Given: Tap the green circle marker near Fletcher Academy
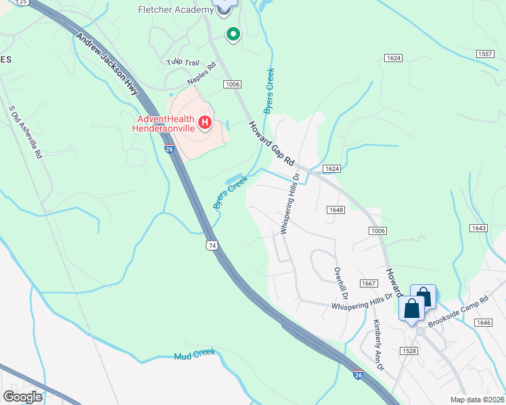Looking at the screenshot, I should point(233,34).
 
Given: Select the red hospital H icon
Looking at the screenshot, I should point(205,123).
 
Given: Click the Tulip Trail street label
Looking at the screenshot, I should point(183,62).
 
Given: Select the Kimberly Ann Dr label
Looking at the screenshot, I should point(378,345).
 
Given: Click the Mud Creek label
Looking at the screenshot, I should point(194,354).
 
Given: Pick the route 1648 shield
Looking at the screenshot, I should point(336,209).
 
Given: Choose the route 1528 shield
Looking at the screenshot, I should point(409,350).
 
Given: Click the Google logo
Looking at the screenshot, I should point(23,397).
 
